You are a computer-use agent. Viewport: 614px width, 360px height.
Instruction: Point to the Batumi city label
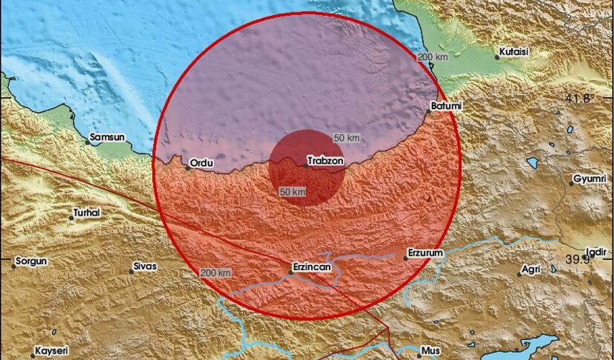pyautogui.click(x=446, y=106)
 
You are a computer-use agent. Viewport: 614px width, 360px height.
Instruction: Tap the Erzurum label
pyautogui.click(x=425, y=253)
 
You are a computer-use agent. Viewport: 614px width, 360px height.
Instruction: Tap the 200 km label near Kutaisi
pyautogui.click(x=433, y=57)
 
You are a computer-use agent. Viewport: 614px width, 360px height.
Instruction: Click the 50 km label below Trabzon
pyautogui.click(x=293, y=192)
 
